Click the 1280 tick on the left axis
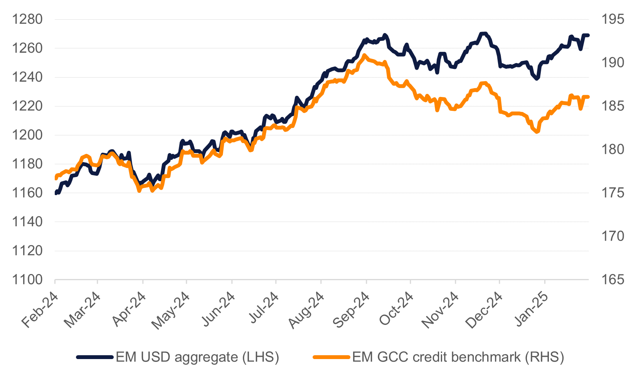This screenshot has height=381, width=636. pyautogui.click(x=27, y=19)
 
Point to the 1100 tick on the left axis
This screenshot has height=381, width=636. pyautogui.click(x=27, y=280)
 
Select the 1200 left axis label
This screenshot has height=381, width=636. pyautogui.click(x=27, y=135)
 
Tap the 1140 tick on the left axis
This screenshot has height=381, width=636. pyautogui.click(x=27, y=222)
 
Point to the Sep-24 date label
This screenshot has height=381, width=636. pyautogui.click(x=352, y=310)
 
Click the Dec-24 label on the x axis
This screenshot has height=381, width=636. pyautogui.click(x=485, y=310)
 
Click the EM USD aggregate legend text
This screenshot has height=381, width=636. pyautogui.click(x=197, y=357)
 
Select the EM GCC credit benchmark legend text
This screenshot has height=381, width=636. pyautogui.click(x=458, y=357)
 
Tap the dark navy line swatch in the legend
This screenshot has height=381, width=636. pyautogui.click(x=95, y=357)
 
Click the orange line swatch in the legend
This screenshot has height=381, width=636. pyautogui.click(x=331, y=357)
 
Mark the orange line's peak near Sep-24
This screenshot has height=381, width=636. pyautogui.click(x=365, y=55)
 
